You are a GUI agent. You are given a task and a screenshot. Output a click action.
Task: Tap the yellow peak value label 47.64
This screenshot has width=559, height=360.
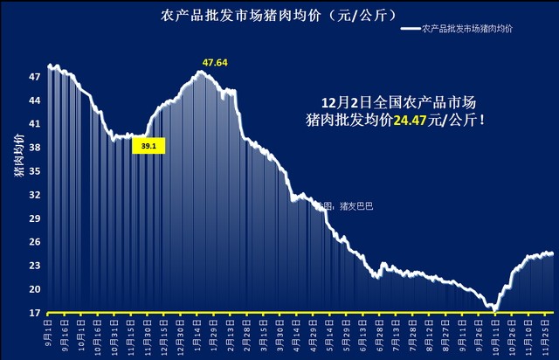coord(215,62)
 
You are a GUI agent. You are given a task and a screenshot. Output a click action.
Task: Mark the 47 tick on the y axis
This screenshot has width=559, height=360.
coord(36,77)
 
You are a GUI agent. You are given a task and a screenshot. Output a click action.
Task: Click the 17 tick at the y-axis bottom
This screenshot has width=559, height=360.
coord(36,312)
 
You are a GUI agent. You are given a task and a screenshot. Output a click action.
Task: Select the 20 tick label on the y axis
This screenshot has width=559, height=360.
coord(36,289)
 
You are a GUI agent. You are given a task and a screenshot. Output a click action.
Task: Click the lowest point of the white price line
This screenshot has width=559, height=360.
coord(494,308)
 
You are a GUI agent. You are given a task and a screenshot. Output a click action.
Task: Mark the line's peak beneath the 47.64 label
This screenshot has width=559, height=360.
coord(202,72)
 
